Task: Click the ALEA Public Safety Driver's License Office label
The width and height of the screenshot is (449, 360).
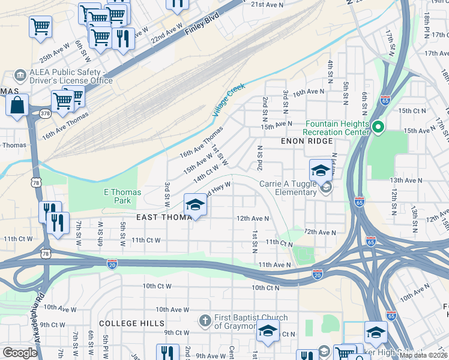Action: [x=64, y=76]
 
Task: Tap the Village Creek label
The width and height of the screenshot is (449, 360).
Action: [x=229, y=100]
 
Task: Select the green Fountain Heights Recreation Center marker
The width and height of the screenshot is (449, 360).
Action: [x=378, y=127]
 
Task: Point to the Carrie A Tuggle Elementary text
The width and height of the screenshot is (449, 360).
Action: [x=288, y=188]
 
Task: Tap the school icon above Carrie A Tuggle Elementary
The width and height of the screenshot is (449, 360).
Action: [x=321, y=170]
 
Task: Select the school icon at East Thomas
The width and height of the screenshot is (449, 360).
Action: [x=195, y=205]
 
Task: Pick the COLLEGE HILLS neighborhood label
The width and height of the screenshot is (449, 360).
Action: [x=131, y=323]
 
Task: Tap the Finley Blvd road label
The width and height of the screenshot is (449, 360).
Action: [x=202, y=25]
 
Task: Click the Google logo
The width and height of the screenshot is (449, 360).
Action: [x=20, y=353]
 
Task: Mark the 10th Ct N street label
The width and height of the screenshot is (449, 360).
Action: [x=266, y=288]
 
